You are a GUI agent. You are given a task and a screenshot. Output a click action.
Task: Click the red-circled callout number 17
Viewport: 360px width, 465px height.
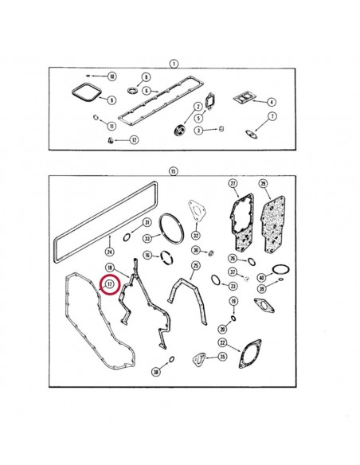[109, 283]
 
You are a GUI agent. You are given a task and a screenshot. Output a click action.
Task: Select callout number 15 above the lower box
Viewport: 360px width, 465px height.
[172, 170]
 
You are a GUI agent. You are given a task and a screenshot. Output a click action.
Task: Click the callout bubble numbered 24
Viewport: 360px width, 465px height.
[109, 252]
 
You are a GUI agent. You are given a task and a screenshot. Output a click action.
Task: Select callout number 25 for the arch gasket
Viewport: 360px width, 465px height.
[195, 265]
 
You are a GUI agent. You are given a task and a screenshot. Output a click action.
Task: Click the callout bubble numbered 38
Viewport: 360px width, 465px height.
[156, 372]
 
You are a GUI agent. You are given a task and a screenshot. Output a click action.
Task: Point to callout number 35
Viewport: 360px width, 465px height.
[223, 357]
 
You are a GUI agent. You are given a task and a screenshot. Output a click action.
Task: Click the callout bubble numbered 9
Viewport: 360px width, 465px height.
[112, 100]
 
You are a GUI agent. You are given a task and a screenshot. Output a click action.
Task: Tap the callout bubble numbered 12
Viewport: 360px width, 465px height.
[135, 140]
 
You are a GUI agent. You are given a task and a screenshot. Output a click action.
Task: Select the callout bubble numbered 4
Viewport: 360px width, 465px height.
[272, 102]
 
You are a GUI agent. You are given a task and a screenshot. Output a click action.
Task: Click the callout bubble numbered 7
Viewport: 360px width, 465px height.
[272, 117]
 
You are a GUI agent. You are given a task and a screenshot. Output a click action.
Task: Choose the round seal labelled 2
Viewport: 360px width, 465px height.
[180, 129]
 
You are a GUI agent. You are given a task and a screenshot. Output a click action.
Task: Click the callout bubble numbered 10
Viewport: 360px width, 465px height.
[112, 76]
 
